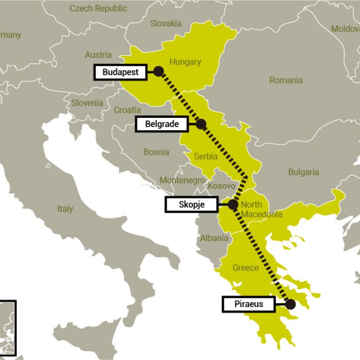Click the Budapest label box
pyautogui.click(x=120, y=72)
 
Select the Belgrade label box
pyautogui.click(x=162, y=124)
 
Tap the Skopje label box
pyautogui.click(x=192, y=205)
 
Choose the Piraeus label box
pyautogui.click(x=248, y=304)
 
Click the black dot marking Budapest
pyautogui.click(x=158, y=72)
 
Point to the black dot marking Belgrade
pyautogui.click(x=201, y=124)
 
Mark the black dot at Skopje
pyautogui.click(x=233, y=205)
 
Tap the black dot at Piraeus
pyautogui.click(x=290, y=304)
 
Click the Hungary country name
pyautogui.click(x=185, y=62)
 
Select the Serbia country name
pyautogui.click(x=206, y=156)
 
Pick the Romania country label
pyautogui.click(x=286, y=80)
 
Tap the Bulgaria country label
pyautogui.click(x=303, y=172)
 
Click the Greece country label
pyautogui.click(x=245, y=268)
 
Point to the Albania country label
pyautogui.click(x=214, y=238)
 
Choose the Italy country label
pyautogui.click(x=65, y=209)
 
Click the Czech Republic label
pyautogui.click(x=98, y=8)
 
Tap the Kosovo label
pyautogui.click(x=221, y=186)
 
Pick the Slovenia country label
pyautogui.click(x=87, y=103)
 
